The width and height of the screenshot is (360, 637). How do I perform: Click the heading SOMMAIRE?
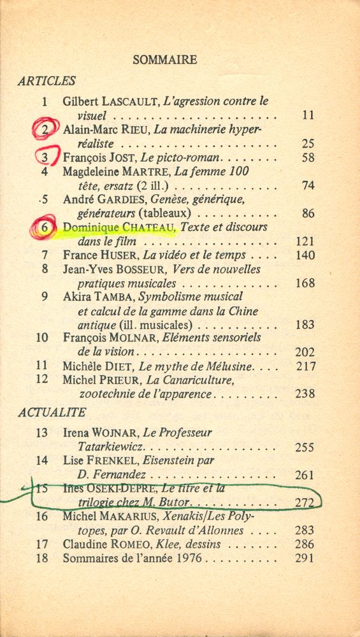(x=164, y=60)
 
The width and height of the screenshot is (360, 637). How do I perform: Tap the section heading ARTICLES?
(x=47, y=81)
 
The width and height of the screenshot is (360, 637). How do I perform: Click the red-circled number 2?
(x=45, y=129)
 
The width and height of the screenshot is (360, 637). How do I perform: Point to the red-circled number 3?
(x=45, y=157)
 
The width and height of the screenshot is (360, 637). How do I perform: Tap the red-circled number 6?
(x=44, y=228)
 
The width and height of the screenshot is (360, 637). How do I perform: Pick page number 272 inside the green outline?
(x=305, y=503)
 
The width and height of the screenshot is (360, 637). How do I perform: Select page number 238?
(x=305, y=394)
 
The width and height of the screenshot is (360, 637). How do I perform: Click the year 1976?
(x=184, y=559)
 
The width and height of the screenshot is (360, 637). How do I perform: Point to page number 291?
(x=305, y=559)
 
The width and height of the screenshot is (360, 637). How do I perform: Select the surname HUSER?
(x=119, y=255)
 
